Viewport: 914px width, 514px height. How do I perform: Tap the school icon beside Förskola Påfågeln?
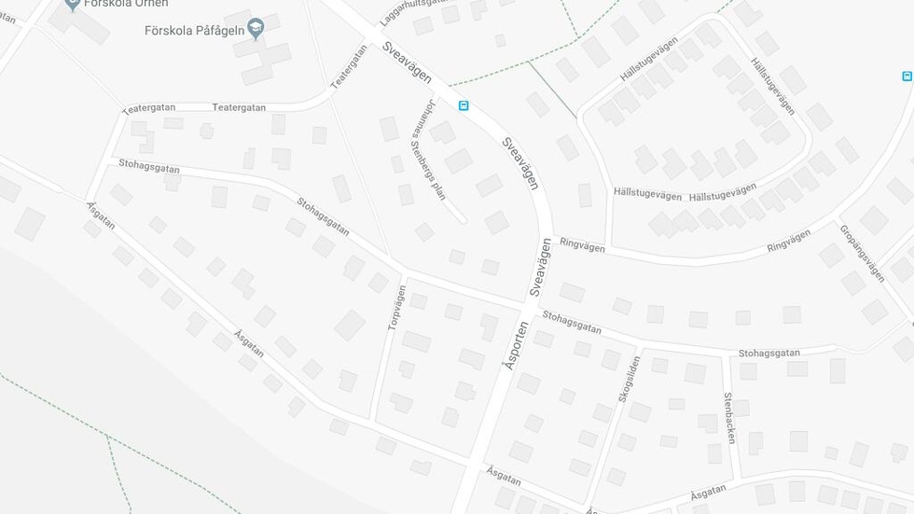point(256,31)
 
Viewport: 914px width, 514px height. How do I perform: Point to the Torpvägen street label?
point(396,309)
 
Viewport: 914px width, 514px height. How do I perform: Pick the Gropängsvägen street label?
point(862,254)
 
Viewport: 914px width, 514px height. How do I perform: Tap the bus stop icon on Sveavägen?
point(464,106)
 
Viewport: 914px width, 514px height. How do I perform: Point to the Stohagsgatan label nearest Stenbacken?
point(769,354)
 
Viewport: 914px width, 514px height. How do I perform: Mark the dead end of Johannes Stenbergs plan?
point(463,220)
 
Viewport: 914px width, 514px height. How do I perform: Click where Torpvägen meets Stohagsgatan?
point(405,277)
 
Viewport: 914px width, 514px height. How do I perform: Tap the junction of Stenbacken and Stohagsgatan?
point(725,354)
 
